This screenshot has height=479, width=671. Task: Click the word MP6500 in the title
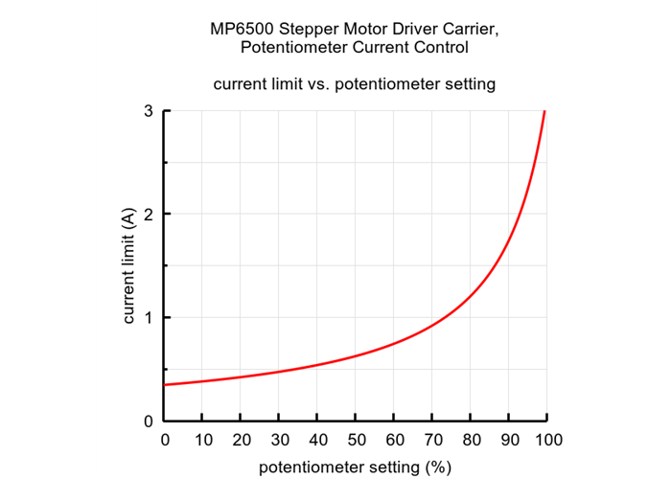[x=240, y=29]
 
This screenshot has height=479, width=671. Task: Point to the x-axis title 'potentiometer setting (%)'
[x=355, y=468]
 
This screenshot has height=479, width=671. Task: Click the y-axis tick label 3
[x=150, y=111]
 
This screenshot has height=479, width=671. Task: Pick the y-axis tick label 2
[x=150, y=215]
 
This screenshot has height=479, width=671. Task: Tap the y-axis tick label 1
[x=150, y=318]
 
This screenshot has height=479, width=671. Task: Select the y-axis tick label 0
[x=150, y=422]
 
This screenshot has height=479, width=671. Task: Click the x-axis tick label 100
[x=546, y=441]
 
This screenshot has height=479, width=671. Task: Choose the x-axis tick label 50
[x=355, y=441]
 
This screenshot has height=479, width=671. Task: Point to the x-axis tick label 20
[x=240, y=441]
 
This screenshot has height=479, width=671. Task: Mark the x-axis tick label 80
[x=470, y=441]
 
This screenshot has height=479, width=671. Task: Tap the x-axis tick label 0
[x=164, y=441]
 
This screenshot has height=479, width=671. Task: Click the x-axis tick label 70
[x=431, y=441]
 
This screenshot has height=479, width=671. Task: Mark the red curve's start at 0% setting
[x=165, y=384]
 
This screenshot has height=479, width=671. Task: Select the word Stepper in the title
[x=307, y=29]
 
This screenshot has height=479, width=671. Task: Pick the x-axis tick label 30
[x=278, y=441]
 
